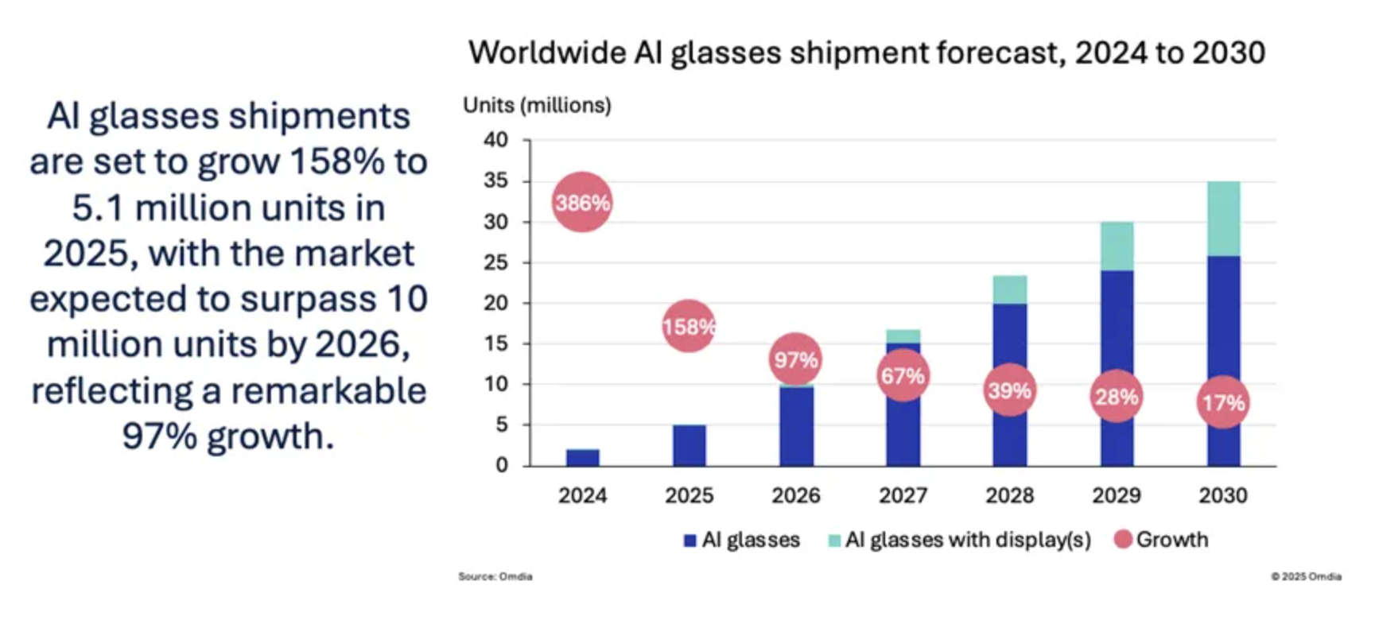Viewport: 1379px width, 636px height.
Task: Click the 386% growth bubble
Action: (x=582, y=203)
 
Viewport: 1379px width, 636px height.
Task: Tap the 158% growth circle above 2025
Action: (x=689, y=326)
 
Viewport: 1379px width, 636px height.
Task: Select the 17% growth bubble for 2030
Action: (x=1222, y=402)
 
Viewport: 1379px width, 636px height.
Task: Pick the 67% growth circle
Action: (x=903, y=375)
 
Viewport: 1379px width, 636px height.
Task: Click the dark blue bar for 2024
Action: (x=582, y=458)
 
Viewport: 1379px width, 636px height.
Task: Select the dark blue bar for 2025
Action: (x=689, y=445)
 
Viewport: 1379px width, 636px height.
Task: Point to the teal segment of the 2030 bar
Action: (x=1223, y=219)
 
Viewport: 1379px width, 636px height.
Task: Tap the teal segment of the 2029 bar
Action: (x=1117, y=246)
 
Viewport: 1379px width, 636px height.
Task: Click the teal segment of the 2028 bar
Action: (x=1010, y=289)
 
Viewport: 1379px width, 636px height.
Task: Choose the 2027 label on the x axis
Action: (x=903, y=495)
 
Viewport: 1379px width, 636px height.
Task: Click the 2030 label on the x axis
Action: (x=1223, y=495)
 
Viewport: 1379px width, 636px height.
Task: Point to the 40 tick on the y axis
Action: (x=495, y=140)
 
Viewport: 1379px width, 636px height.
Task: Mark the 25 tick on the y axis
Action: (x=495, y=262)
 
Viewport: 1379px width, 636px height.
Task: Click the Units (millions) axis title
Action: (x=537, y=105)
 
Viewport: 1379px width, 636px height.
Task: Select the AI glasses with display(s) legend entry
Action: (x=967, y=540)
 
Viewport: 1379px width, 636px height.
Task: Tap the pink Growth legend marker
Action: (x=1123, y=539)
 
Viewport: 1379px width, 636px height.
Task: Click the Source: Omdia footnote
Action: (x=495, y=576)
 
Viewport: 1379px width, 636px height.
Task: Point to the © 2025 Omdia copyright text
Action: (x=1306, y=576)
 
